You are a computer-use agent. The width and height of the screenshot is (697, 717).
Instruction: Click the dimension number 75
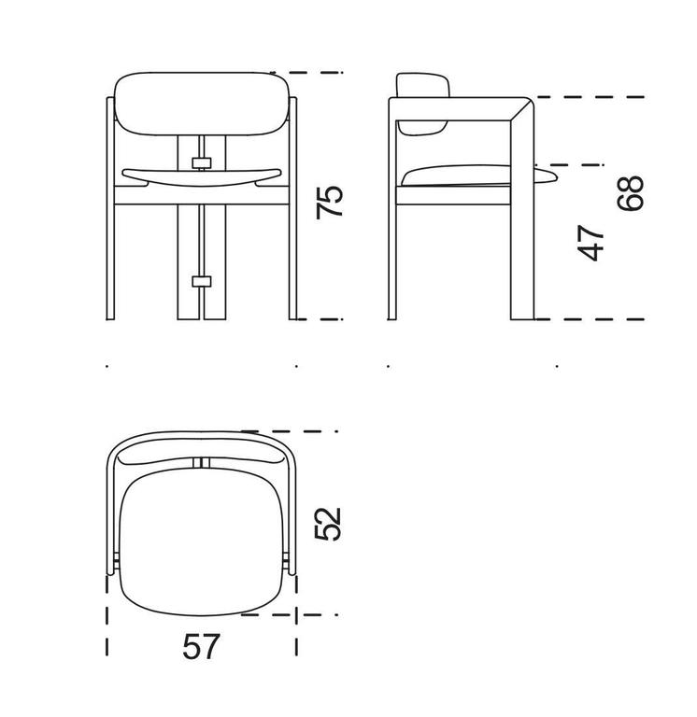pyautogui.click(x=330, y=202)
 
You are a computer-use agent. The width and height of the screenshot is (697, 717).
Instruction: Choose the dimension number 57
pyautogui.click(x=199, y=646)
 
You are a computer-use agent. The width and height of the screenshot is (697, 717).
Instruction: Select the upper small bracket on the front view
pyautogui.click(x=201, y=162)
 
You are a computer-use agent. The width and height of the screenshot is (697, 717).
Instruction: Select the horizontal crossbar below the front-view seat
pyautogui.click(x=200, y=197)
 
